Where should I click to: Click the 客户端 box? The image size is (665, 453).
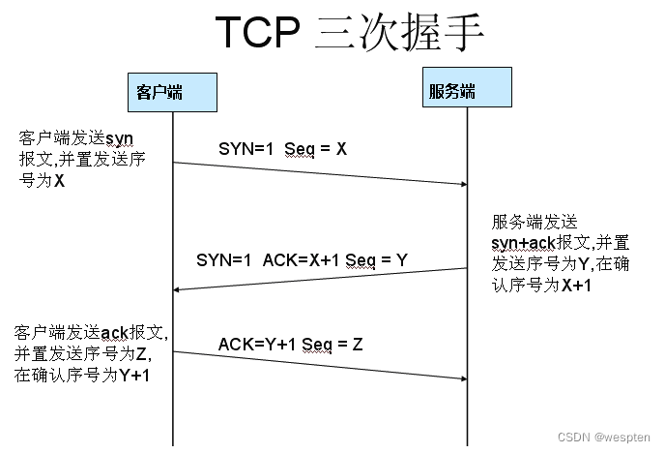[x=172, y=92]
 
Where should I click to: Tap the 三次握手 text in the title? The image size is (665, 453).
[x=398, y=33]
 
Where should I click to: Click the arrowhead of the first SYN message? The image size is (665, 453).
[x=461, y=182]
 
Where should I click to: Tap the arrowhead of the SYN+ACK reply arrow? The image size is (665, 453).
[x=179, y=288]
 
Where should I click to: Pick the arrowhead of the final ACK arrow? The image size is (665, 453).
[x=461, y=377]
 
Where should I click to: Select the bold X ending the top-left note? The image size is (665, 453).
[x=60, y=180]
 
